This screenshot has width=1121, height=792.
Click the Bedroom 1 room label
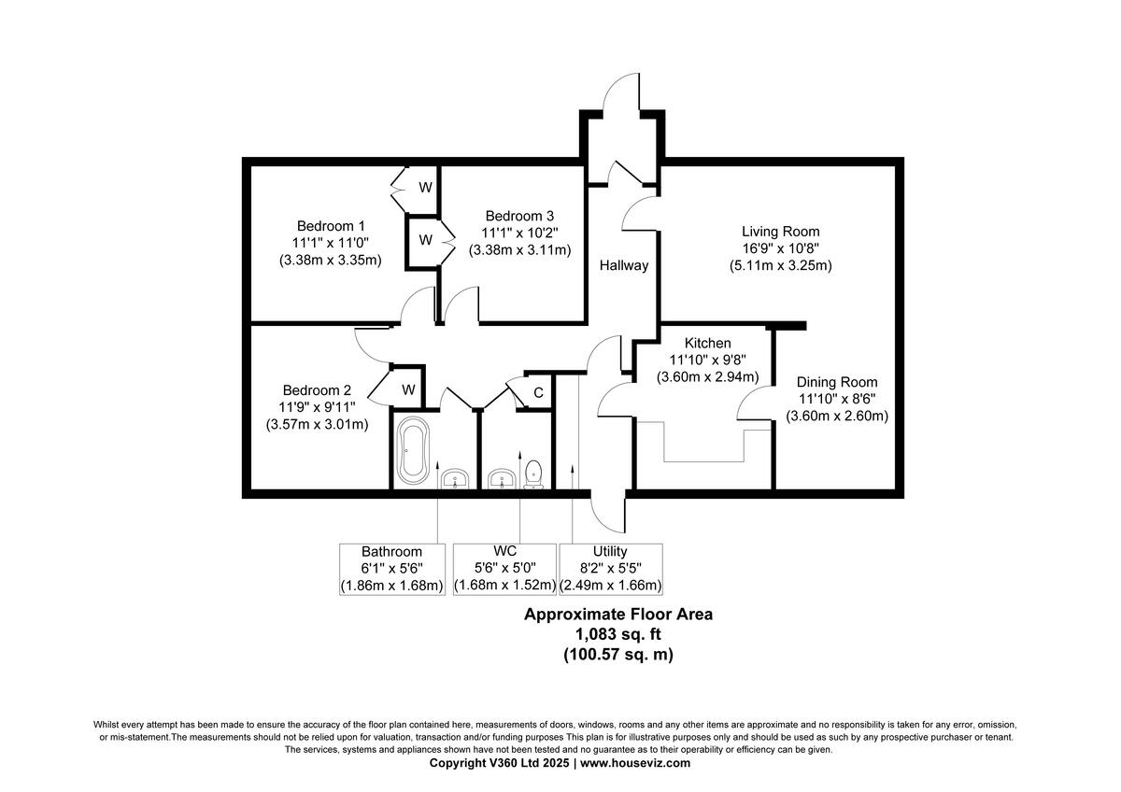click(x=331, y=226)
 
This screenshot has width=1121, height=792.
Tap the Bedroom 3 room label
click(x=520, y=214)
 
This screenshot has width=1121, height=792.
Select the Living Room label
click(x=780, y=232)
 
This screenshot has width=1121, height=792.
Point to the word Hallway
click(x=624, y=265)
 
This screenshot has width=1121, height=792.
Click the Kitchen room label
click(x=707, y=344)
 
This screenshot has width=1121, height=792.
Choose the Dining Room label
click(x=837, y=382)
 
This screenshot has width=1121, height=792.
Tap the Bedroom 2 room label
click(x=317, y=390)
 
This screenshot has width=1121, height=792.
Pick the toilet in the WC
click(x=533, y=474)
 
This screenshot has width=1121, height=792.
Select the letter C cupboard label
click(x=538, y=391)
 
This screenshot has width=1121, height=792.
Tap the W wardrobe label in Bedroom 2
click(x=408, y=389)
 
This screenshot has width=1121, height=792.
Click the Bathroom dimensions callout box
click(x=391, y=569)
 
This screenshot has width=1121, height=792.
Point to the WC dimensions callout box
click(x=498, y=569)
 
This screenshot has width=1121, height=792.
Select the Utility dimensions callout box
click(x=610, y=569)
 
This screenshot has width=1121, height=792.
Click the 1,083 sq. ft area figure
click(x=617, y=635)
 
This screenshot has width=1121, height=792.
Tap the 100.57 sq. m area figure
click(x=617, y=655)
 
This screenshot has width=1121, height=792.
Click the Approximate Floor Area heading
click(x=617, y=615)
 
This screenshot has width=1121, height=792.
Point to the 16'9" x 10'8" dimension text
click(x=780, y=248)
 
